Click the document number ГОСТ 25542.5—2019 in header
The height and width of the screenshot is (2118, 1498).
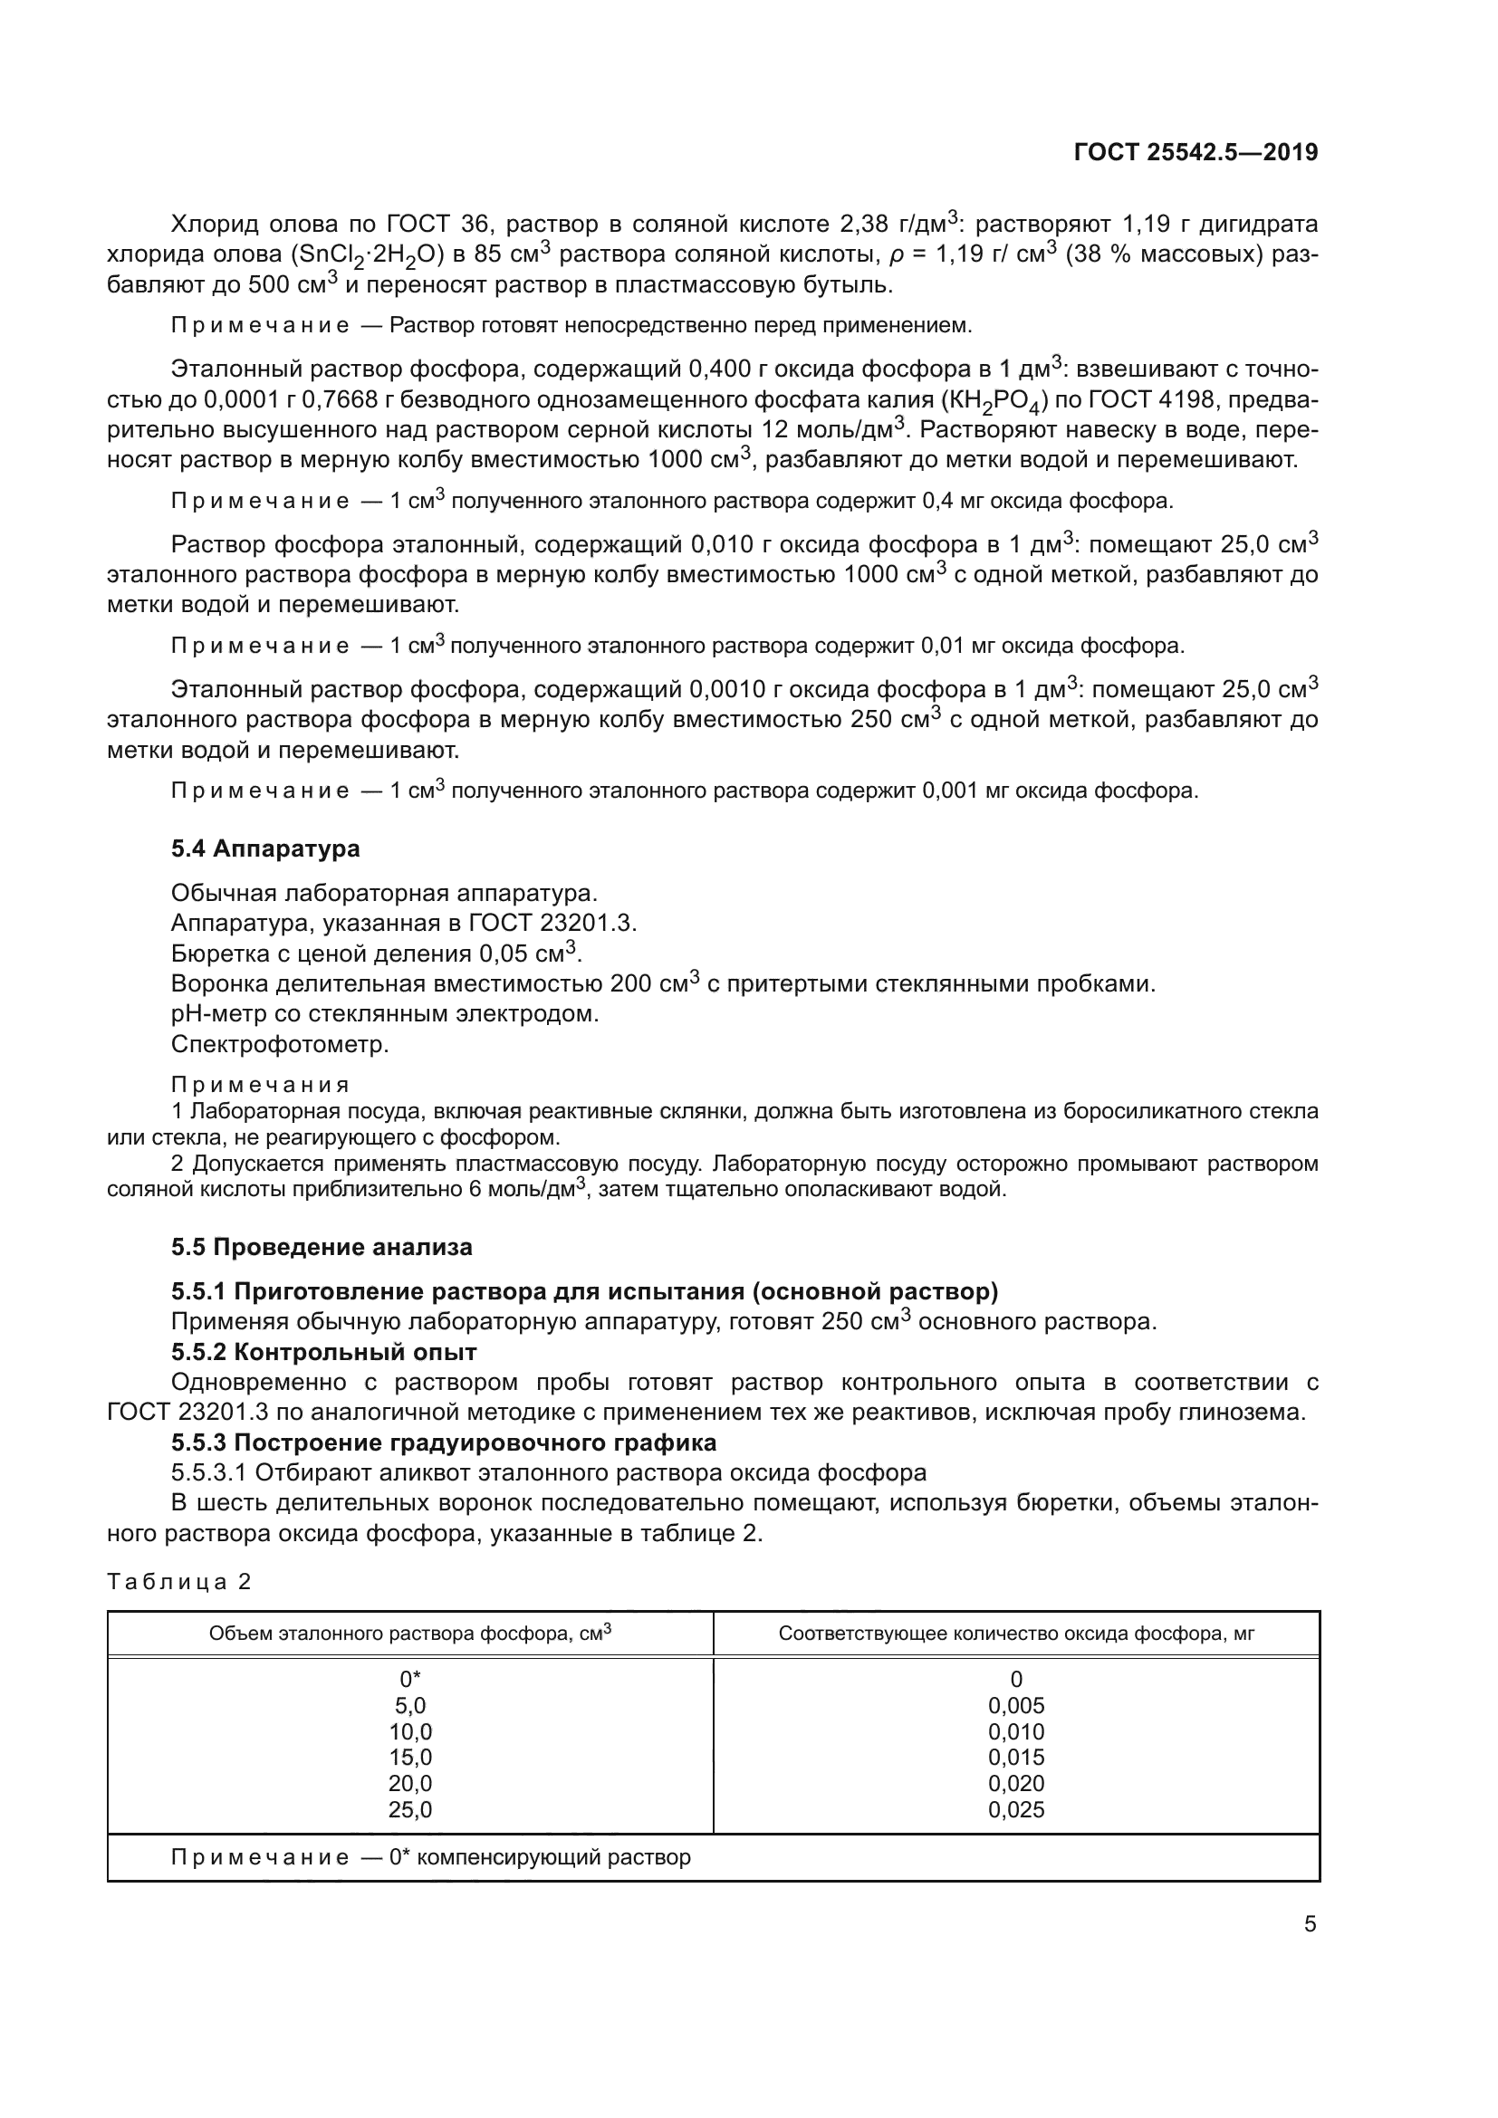coord(1196,153)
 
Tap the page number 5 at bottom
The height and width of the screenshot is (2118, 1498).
coord(1310,1924)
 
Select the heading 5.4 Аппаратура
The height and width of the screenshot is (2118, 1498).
coord(265,848)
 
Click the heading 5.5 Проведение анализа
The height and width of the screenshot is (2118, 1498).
coord(321,1247)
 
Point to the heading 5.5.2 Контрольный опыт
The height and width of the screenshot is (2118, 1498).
coord(323,1352)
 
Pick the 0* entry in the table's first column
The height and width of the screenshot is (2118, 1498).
coord(409,1679)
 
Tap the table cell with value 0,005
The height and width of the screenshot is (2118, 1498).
coord(1015,1706)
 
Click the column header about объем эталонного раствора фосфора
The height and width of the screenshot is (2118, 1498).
coord(409,1634)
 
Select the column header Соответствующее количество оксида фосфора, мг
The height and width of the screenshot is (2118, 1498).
coord(1015,1634)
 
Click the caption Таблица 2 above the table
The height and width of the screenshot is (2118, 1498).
coord(179,1582)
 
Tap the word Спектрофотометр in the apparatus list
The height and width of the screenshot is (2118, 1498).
coord(280,1044)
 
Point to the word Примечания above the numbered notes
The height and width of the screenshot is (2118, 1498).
coord(260,1085)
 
